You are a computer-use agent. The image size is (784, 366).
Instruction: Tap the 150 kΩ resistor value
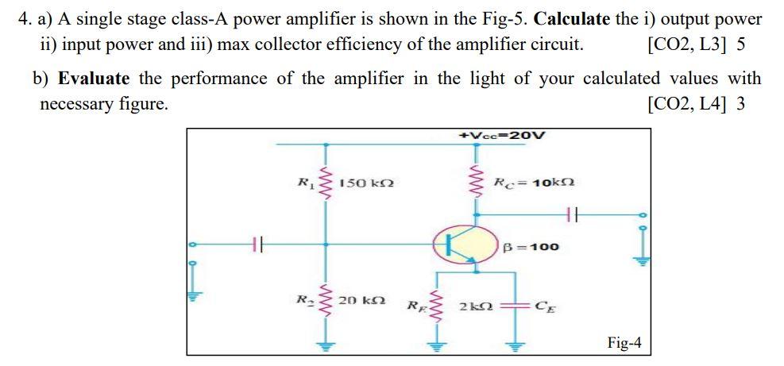363,184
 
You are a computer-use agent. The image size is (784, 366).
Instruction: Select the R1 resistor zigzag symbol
324,184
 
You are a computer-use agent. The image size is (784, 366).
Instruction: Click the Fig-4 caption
624,342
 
